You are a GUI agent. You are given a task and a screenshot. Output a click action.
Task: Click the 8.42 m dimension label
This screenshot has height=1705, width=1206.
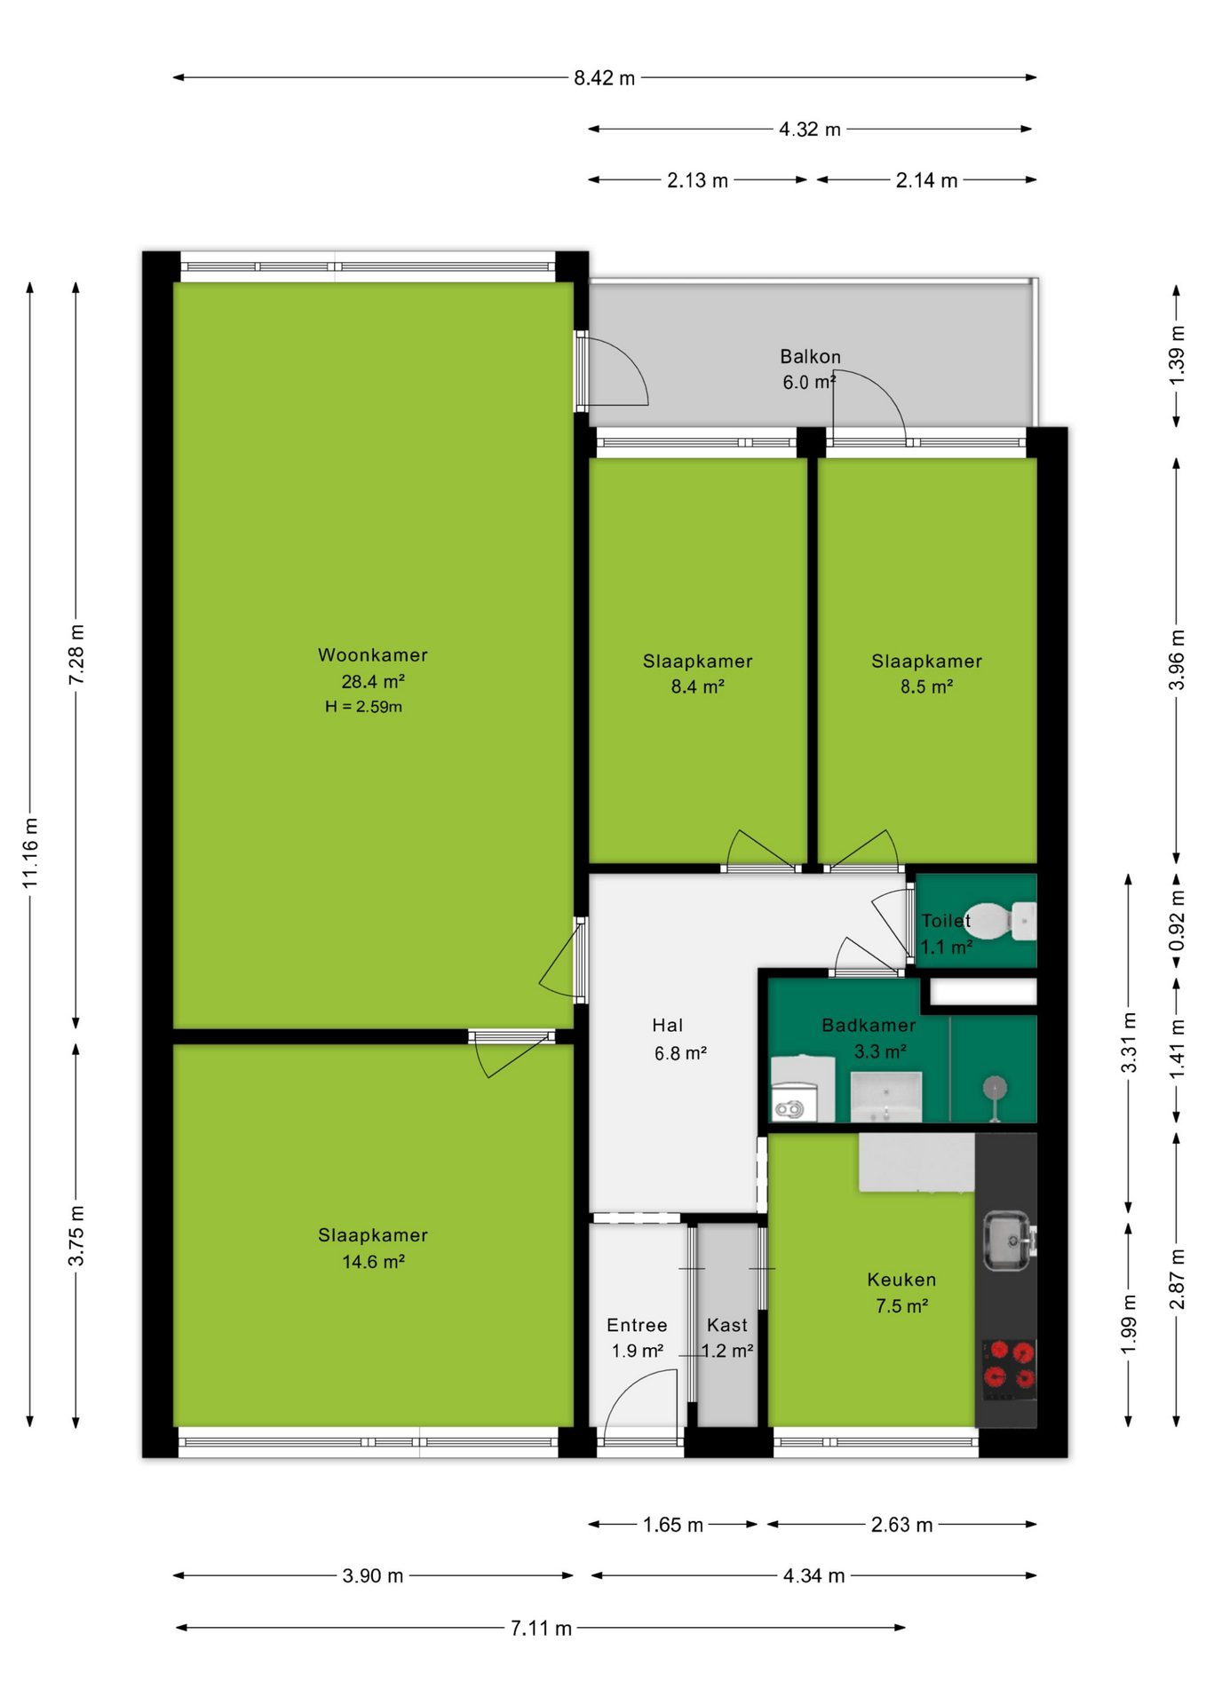(604, 78)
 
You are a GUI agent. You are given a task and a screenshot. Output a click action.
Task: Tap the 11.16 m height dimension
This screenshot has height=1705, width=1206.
(31, 852)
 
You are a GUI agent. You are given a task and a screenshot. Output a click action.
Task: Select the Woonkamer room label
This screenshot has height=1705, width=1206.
(373, 654)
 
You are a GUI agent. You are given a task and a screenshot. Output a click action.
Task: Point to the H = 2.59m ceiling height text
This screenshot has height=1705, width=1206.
(363, 707)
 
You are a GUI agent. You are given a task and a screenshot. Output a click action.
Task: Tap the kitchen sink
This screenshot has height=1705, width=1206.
(1008, 1240)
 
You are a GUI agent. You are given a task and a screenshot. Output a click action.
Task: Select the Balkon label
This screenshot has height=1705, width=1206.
(810, 357)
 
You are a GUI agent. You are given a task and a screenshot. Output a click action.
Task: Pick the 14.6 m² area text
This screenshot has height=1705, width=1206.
(373, 1262)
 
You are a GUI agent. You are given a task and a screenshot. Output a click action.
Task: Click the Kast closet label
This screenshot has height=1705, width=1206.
(727, 1325)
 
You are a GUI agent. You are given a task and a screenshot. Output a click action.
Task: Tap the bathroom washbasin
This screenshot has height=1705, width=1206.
(885, 1097)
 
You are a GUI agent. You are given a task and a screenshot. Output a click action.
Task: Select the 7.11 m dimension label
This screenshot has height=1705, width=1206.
(541, 1628)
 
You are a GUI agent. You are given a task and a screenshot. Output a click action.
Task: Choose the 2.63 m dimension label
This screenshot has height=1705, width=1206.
(901, 1525)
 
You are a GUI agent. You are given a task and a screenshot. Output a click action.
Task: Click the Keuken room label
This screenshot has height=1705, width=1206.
(901, 1280)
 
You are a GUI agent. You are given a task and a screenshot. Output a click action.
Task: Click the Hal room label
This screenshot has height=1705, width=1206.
(668, 1026)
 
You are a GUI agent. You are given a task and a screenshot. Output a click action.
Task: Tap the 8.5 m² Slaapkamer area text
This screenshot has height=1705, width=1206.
(926, 687)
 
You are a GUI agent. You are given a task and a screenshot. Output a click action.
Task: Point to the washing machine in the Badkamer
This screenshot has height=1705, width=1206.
(803, 1090)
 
